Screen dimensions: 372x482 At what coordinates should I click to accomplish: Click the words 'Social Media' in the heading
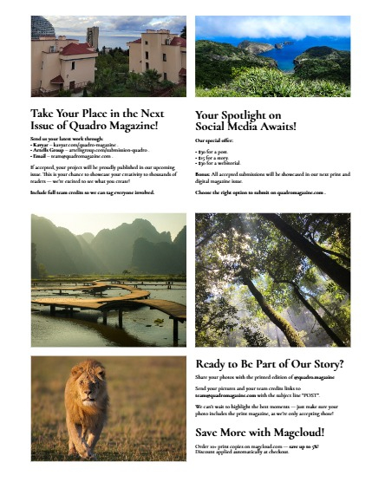click(228, 127)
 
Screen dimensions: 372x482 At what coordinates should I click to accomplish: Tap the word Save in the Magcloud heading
click(209, 433)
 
